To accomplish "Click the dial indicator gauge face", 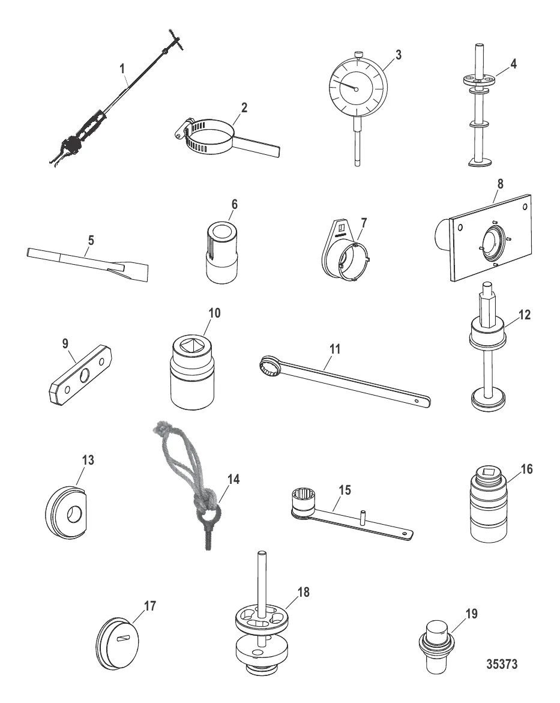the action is click(357, 88).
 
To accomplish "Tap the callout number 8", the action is click(501, 184).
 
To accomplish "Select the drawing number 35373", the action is click(502, 664).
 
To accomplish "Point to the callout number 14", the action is click(233, 479).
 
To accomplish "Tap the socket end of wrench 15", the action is click(303, 501).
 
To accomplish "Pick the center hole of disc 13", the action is click(74, 514).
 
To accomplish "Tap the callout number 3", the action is click(398, 55).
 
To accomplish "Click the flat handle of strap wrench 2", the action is click(258, 146).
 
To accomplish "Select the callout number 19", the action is click(472, 614).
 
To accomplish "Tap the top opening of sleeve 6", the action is click(220, 231).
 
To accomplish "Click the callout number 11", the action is click(334, 348).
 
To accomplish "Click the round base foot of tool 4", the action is click(480, 161).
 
